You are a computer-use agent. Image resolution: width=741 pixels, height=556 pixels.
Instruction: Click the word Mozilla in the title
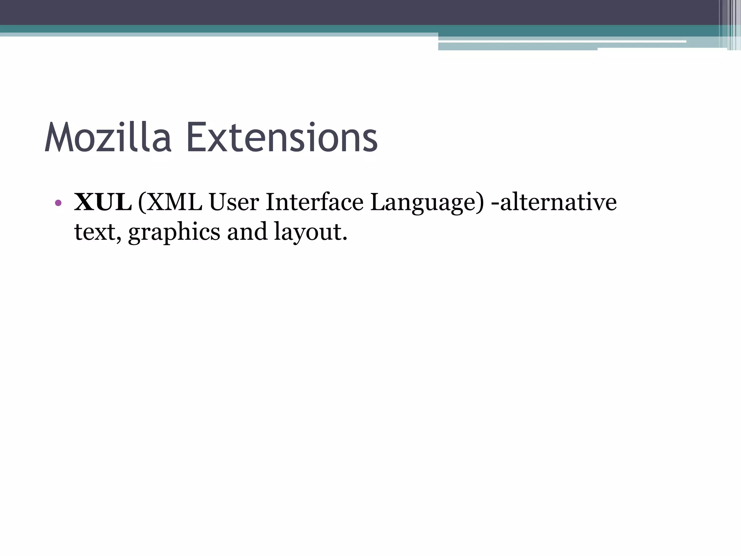108,138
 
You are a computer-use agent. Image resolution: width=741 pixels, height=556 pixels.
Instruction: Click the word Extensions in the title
282,138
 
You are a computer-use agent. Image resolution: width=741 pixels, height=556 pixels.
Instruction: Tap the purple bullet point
58,203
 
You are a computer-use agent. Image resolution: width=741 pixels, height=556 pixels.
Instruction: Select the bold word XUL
103,202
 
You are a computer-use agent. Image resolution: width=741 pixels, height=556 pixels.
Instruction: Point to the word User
234,202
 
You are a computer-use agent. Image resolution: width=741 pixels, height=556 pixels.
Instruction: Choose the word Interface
314,202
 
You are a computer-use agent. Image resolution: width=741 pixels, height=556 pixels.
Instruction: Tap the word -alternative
554,202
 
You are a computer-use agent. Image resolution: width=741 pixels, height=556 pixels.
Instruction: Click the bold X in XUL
84,202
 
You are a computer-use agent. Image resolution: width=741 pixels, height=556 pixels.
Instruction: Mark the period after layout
344,239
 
